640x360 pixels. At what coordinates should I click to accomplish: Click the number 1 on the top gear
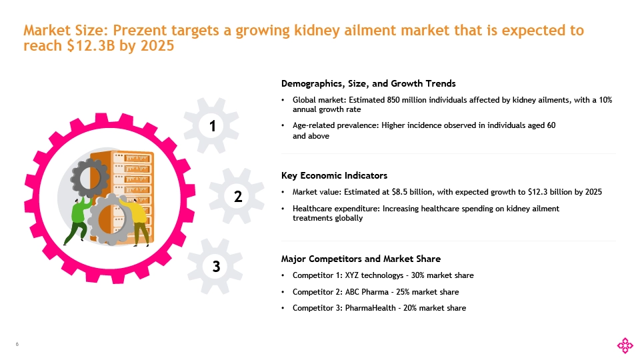[x=211, y=125]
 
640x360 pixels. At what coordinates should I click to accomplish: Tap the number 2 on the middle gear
[x=237, y=196]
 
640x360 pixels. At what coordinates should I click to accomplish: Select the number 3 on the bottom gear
[x=215, y=267]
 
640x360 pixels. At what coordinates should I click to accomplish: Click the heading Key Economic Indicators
[x=334, y=176]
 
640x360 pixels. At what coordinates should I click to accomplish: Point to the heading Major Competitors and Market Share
[x=361, y=259]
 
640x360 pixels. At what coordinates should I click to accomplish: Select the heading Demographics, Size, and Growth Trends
[x=369, y=84]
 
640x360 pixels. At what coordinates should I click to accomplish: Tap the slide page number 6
[x=17, y=345]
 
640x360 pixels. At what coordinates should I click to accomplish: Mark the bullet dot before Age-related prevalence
[x=285, y=125]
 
